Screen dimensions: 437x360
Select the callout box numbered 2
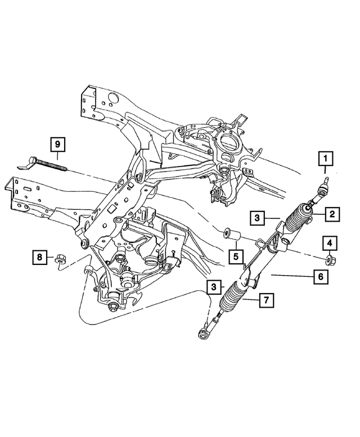332,213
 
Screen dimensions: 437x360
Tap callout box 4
329,243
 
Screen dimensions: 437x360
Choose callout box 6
319,276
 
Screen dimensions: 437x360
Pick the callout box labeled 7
267,300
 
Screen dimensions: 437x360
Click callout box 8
39,258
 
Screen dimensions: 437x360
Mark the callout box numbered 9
57,145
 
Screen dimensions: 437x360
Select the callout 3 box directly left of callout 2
255,217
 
